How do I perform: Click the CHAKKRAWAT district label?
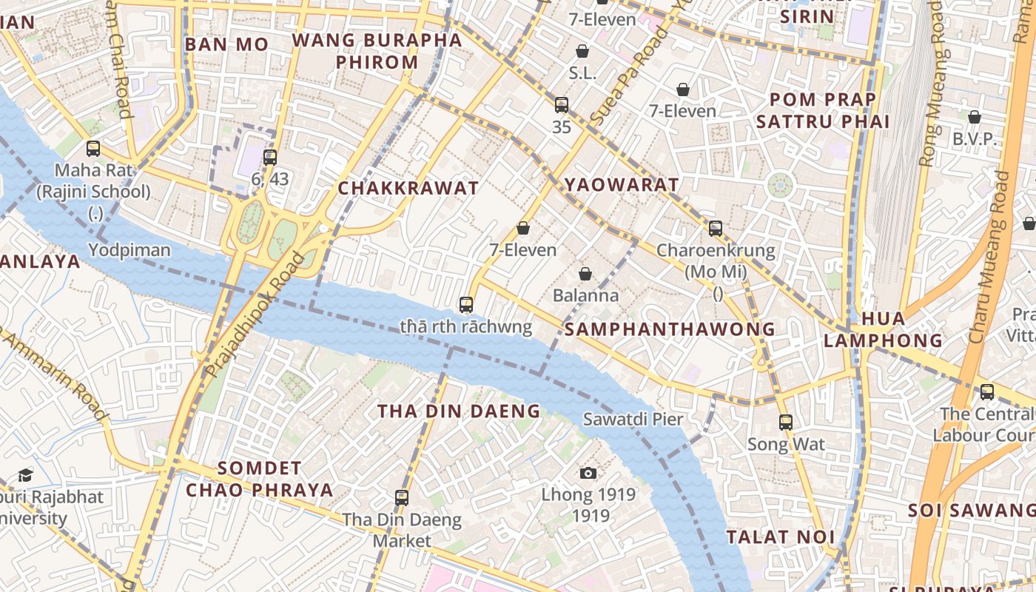pos(408,188)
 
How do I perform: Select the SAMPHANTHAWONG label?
pos(670,329)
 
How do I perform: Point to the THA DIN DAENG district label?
pos(459,411)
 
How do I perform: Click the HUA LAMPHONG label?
pos(883,329)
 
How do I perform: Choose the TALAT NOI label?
pos(781,536)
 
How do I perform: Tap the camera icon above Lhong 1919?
pos(588,473)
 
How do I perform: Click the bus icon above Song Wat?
pos(786,423)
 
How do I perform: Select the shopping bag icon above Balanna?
pos(585,274)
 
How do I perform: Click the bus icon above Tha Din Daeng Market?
pos(402,497)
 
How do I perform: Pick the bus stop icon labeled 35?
pos(562,105)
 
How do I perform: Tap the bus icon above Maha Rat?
pos(93,149)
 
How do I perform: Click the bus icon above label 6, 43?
pos(270,157)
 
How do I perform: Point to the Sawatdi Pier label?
pos(633,419)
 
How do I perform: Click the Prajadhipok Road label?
pos(255,314)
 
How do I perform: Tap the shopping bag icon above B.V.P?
pos(975,117)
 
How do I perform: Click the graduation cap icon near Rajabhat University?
pos(26,475)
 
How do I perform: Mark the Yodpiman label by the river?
pos(129,250)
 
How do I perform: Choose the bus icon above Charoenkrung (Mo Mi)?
pos(716,229)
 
